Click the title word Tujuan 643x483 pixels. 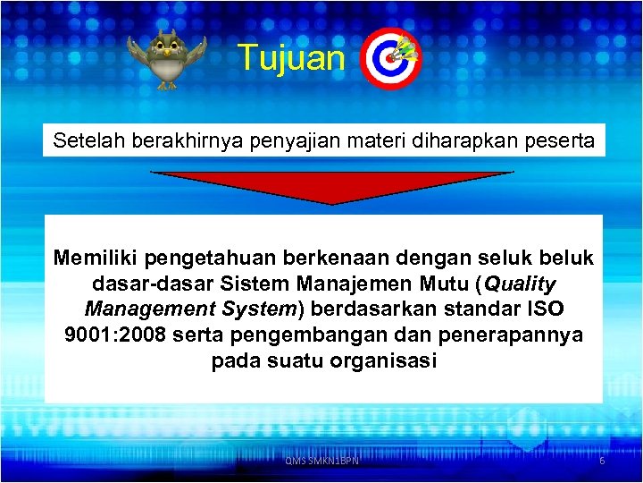coord(291,59)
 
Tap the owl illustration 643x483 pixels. coord(166,59)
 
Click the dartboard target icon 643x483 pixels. coord(390,60)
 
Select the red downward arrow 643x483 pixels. coord(332,186)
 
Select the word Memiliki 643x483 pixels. coord(96,258)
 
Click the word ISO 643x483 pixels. coord(545,309)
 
